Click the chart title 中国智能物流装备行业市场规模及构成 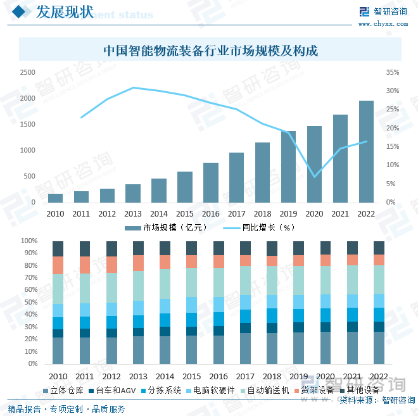click(210, 50)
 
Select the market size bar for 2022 click(366, 151)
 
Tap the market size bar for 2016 click(210, 182)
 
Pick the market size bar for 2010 click(55, 198)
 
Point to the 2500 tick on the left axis click(27, 73)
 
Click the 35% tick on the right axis click(393, 73)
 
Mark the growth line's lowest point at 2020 click(315, 177)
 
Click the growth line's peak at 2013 click(133, 88)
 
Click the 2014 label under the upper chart click(159, 214)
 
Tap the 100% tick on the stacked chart click(29, 241)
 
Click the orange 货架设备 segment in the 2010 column click(58, 265)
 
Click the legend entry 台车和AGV click(115, 390)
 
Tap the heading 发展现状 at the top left click(65, 12)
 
